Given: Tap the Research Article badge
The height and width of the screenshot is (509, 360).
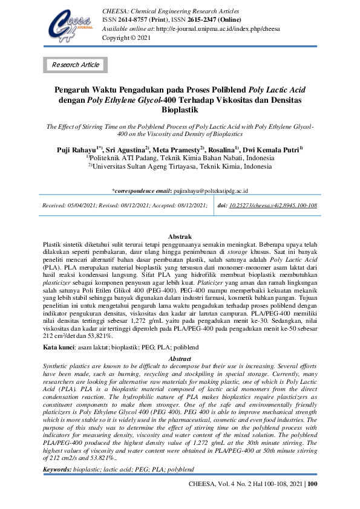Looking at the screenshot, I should [76, 65].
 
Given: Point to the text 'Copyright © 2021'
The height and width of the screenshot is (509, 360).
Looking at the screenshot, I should [126, 37].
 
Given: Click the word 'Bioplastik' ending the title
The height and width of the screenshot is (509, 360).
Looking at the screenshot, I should [180, 111].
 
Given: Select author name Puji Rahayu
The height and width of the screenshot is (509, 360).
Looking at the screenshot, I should [77, 149].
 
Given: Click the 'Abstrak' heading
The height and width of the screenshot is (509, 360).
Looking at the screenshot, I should [180, 236].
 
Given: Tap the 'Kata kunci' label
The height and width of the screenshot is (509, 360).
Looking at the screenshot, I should [58, 348].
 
